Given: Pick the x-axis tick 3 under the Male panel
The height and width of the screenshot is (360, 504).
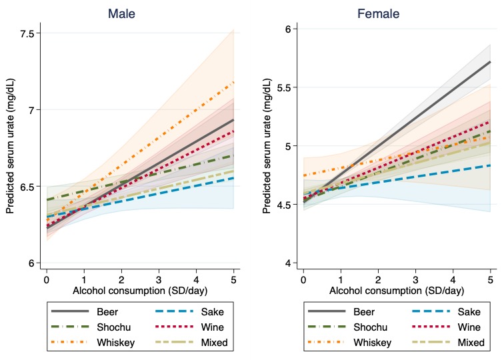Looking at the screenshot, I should (x=159, y=275).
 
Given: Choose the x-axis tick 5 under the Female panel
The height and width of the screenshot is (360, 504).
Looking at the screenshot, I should (x=490, y=275).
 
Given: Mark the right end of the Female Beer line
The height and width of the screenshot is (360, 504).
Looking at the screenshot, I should (x=490, y=62).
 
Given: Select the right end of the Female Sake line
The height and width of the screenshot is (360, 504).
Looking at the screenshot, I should (x=490, y=165).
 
